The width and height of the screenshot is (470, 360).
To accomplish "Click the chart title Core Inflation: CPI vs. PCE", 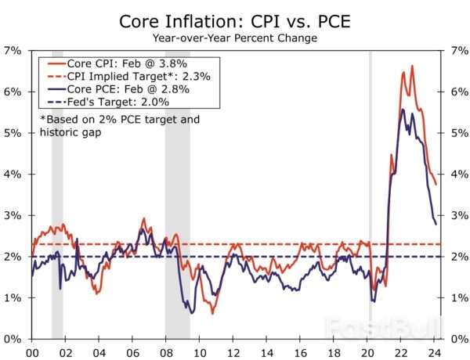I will [235, 19].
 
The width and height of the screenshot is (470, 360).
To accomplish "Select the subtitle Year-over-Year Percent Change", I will [235, 36].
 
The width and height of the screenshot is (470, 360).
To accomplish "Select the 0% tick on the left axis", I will [13, 340].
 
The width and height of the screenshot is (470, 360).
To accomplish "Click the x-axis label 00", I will [32, 352].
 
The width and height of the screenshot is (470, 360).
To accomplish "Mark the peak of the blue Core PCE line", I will [403, 110].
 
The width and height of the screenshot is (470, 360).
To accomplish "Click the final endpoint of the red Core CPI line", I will [436, 184].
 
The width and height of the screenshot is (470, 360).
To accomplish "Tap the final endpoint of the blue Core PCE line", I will [436, 224].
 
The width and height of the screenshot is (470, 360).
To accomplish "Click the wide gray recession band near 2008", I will [177, 196].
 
